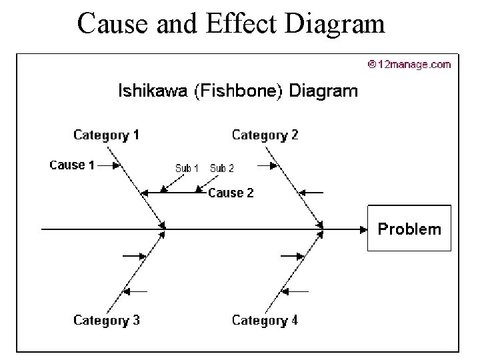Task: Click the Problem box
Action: coord(409,229)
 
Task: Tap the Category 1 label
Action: coord(106,135)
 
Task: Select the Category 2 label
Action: coord(265,135)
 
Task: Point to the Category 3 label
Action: coord(106,320)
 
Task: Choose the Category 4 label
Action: coord(265,320)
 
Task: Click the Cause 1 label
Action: coord(72,165)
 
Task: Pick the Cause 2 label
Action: coord(231,193)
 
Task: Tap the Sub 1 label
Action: coord(187,168)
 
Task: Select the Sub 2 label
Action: coord(222,168)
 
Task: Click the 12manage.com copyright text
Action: coord(413,65)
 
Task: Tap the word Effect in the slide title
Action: coord(243,23)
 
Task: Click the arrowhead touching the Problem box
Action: coord(363,229)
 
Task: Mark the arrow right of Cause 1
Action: coord(109,165)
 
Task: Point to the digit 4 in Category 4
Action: coord(294,320)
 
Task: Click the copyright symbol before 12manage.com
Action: coord(371,65)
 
